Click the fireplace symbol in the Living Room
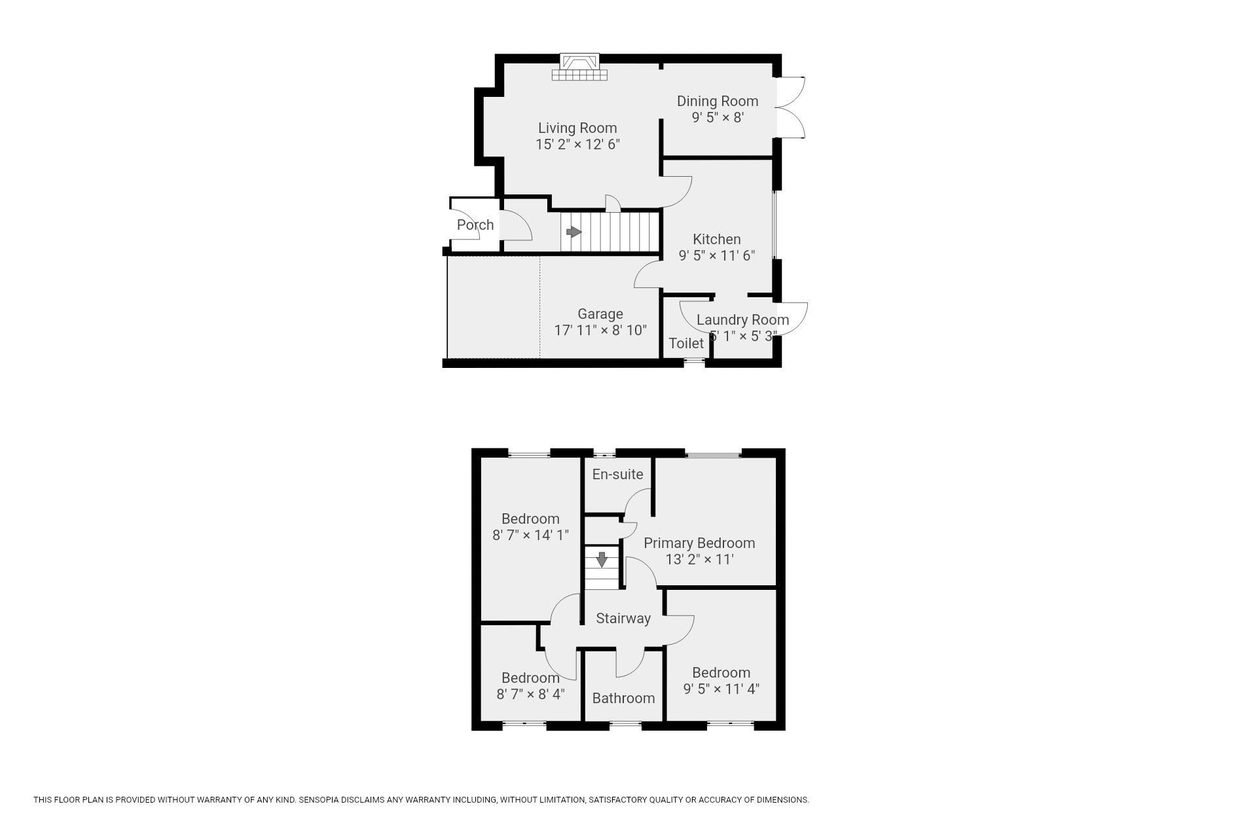[579, 67]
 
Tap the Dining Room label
[718, 101]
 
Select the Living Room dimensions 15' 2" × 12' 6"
[577, 144]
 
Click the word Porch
[475, 225]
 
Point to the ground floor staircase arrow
[574, 232]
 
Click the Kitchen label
[717, 239]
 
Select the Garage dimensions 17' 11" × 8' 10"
[600, 330]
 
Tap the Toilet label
[686, 343]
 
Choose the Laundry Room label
[742, 319]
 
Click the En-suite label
[617, 474]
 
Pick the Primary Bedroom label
[699, 543]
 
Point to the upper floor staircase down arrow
[602, 560]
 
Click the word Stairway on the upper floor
[623, 618]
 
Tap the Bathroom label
[623, 698]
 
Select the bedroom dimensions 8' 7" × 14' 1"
[530, 535]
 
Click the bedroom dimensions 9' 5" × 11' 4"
[721, 689]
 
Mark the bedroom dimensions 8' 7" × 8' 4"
[530, 694]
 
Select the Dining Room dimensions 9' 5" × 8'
[718, 117]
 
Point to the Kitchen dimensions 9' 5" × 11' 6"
[717, 255]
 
